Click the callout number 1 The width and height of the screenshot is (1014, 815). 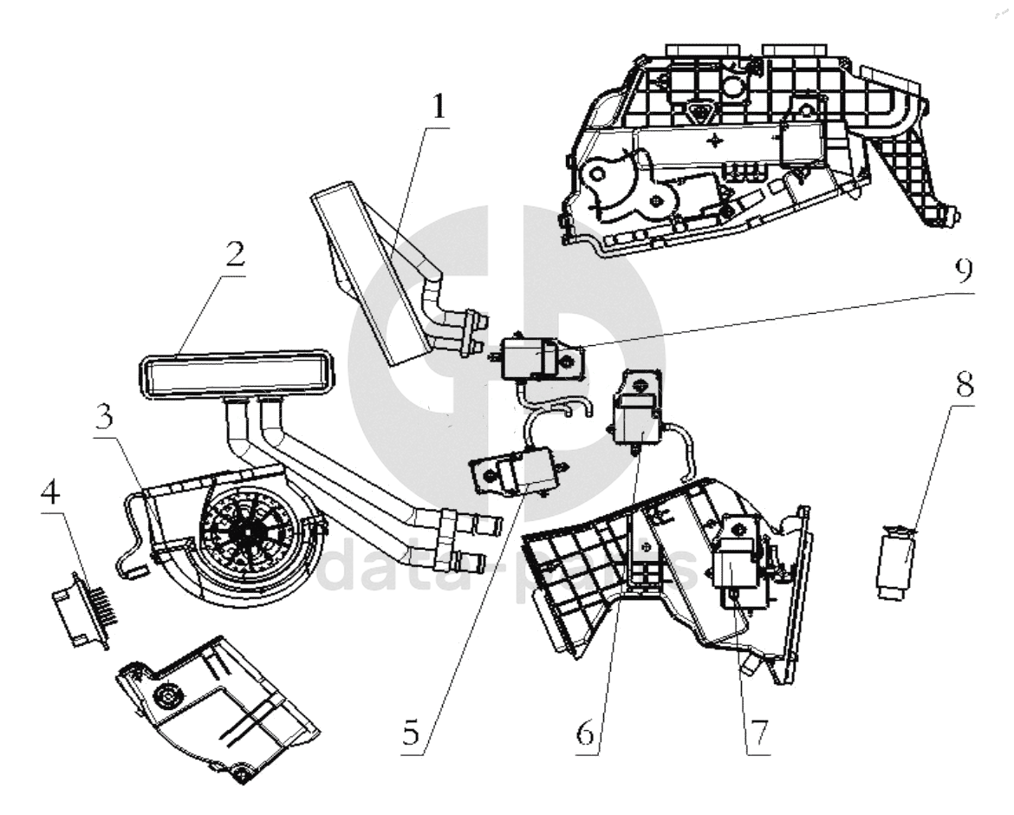[439, 108]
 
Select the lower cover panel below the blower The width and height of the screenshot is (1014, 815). [212, 707]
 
